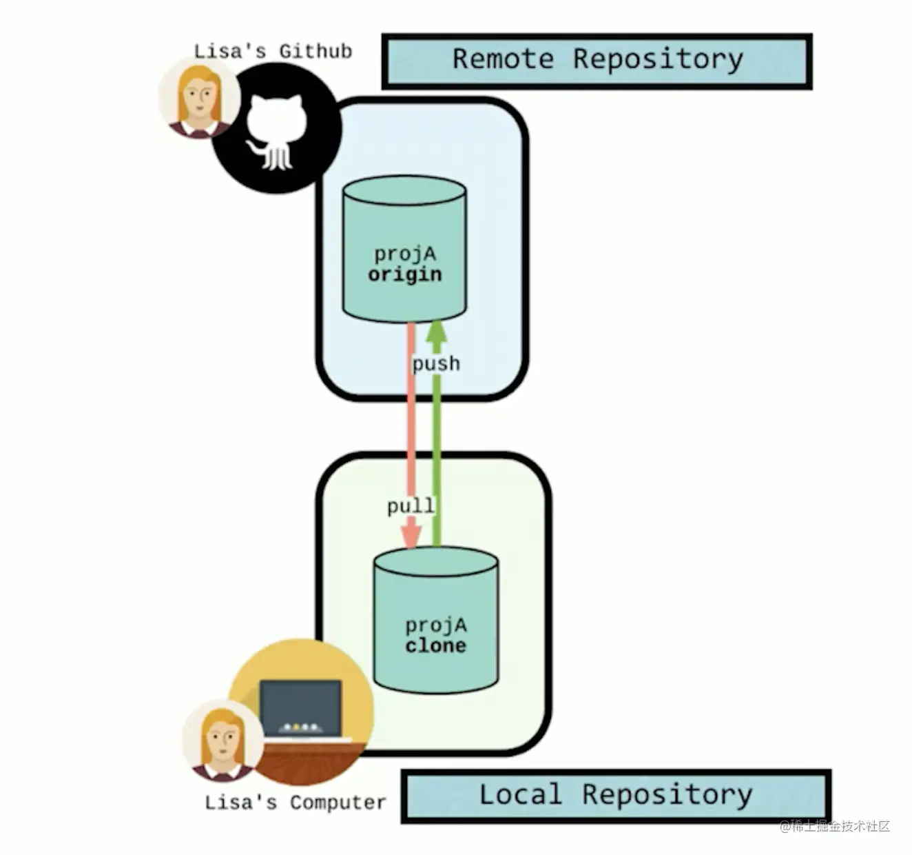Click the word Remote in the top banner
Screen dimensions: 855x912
503,59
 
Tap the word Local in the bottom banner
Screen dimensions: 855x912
520,795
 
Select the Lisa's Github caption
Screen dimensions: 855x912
273,51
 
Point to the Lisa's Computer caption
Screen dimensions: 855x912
296,803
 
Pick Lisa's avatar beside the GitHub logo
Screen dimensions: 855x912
198,99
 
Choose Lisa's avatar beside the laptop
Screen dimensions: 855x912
222,741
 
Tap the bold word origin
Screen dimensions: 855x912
405,274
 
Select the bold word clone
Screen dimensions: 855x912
435,646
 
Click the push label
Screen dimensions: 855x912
436,363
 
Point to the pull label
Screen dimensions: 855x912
411,507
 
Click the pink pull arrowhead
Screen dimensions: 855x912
411,536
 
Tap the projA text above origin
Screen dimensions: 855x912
405,254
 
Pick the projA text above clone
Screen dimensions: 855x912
435,625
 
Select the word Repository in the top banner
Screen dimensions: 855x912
658,59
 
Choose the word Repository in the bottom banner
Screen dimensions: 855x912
667,795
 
